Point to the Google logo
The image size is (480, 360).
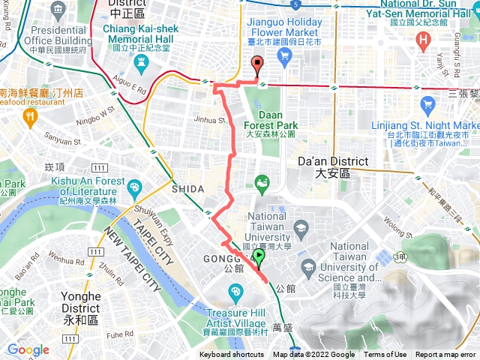(28, 349)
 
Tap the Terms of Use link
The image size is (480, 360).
(385, 355)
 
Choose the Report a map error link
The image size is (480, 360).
(445, 355)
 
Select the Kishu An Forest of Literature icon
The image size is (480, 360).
(134, 187)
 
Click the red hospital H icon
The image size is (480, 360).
(424, 39)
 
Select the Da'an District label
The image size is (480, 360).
(333, 166)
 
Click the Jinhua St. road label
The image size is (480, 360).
(210, 119)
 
